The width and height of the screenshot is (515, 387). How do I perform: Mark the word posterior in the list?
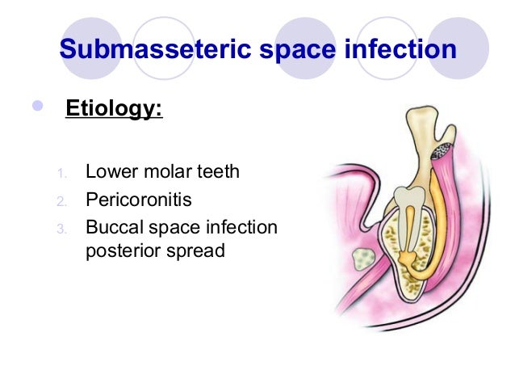(x=127, y=250)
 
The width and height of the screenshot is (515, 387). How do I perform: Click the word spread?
(x=198, y=250)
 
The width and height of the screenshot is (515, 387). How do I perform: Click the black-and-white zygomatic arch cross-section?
(x=442, y=150)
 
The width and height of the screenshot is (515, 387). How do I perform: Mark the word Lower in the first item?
(x=110, y=171)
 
